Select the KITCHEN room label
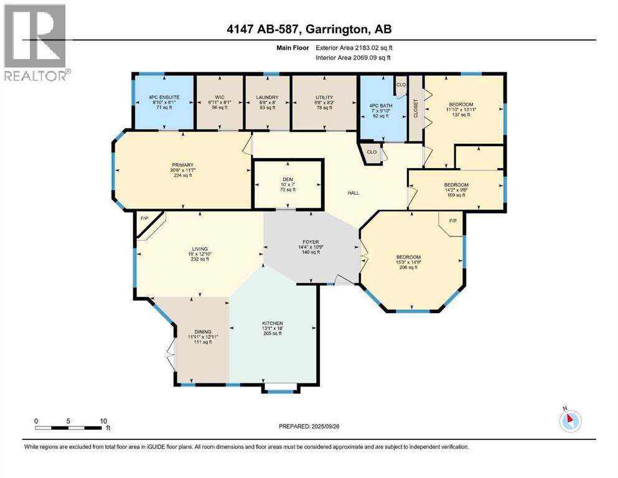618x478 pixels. (x=272, y=324)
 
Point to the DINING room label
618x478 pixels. (x=202, y=331)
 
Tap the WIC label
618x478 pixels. (x=219, y=97)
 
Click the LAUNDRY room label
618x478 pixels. (x=266, y=97)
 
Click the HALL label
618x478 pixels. (x=353, y=193)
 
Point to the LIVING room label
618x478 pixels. (x=200, y=248)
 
